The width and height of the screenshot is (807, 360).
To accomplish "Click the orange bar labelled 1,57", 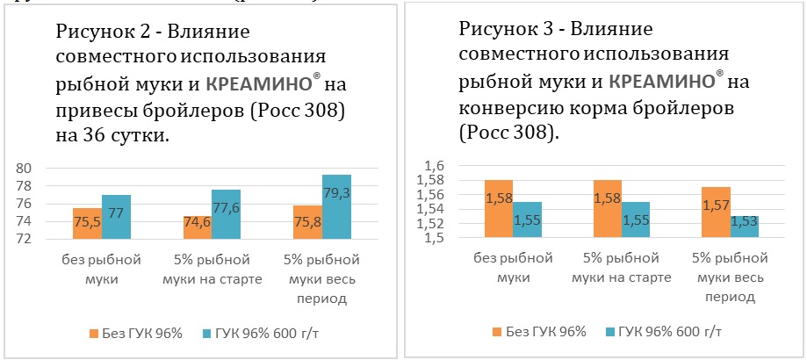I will tap(716, 212).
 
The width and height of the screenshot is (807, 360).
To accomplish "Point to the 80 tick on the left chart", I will tap(25, 168).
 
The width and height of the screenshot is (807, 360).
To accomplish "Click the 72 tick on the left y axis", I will tap(25, 239).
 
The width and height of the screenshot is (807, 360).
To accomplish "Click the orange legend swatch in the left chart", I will tap(93, 333).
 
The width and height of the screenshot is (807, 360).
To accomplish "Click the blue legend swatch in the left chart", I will tap(207, 333).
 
